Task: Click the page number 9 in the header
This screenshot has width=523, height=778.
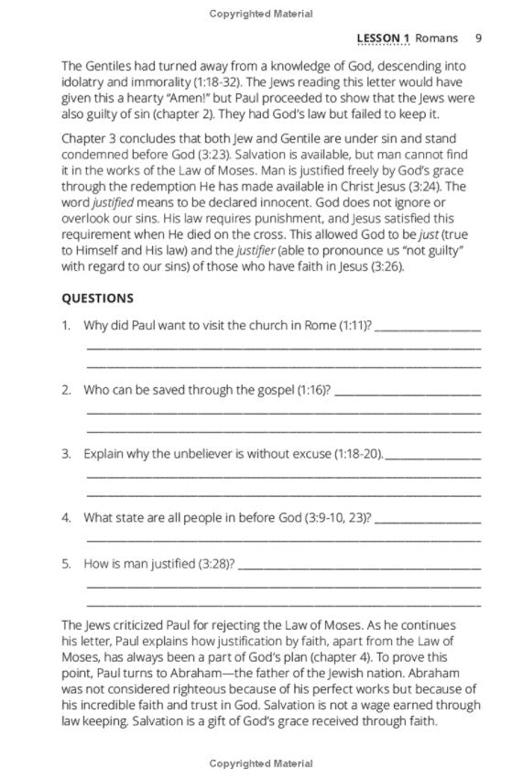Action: [x=479, y=38]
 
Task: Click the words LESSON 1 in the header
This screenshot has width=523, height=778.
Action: [x=382, y=38]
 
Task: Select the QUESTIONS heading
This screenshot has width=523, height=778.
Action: [x=97, y=297]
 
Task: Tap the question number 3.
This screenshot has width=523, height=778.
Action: [x=66, y=453]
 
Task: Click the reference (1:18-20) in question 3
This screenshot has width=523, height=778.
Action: [x=359, y=453]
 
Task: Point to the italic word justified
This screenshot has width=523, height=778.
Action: [x=114, y=202]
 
